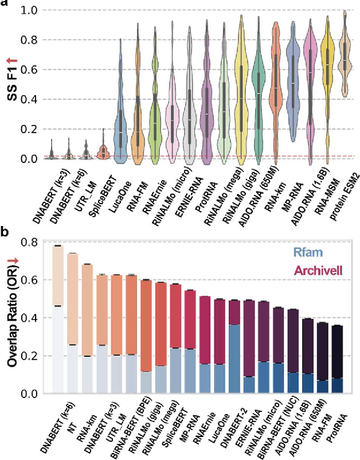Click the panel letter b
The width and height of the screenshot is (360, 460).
[5, 234]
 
